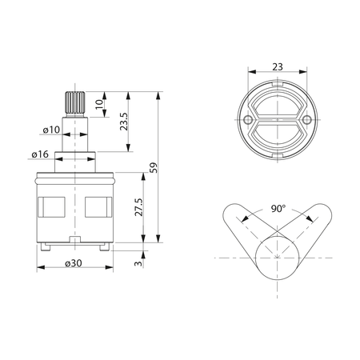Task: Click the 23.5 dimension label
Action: tap(124, 122)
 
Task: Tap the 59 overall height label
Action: tap(154, 168)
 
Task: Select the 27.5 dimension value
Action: tap(138, 207)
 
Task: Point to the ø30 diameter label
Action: tap(74, 263)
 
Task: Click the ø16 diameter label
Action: tap(40, 154)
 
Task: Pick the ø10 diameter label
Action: tap(51, 130)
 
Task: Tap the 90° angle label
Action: tap(278, 209)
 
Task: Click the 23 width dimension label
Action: tap(278, 67)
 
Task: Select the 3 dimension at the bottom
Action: tap(138, 263)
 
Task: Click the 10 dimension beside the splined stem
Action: tap(99, 104)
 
